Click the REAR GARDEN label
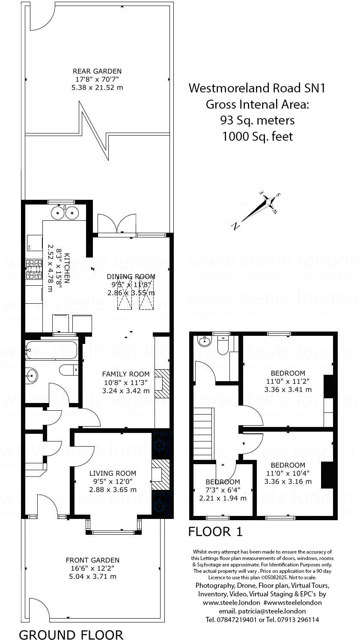pos(97,71)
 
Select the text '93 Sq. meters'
pos(257,120)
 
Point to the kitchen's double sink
pos(65,212)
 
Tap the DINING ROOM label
pos(131,276)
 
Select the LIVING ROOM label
pos(113,473)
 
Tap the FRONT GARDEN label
pos(92,560)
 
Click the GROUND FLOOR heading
pos(71,634)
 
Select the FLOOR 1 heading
pos(215,532)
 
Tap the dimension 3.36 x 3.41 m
pos(288,389)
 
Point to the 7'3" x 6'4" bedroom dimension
pos(223,490)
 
